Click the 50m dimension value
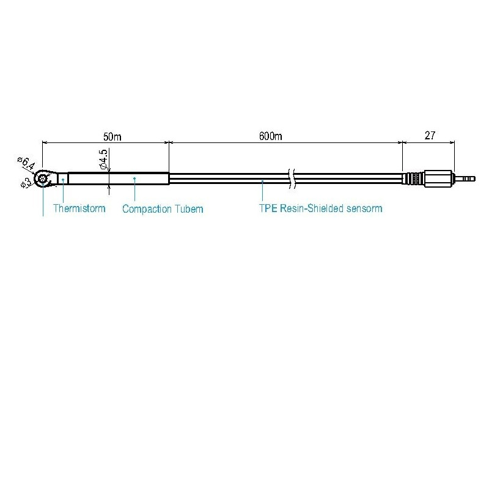113,137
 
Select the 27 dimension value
429,136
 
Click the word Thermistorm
79,208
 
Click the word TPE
268,208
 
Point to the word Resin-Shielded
314,208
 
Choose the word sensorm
364,208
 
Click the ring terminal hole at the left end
43,178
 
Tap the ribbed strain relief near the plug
413,178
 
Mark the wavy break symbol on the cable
293,178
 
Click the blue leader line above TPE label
263,191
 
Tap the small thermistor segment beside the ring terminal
62,178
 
